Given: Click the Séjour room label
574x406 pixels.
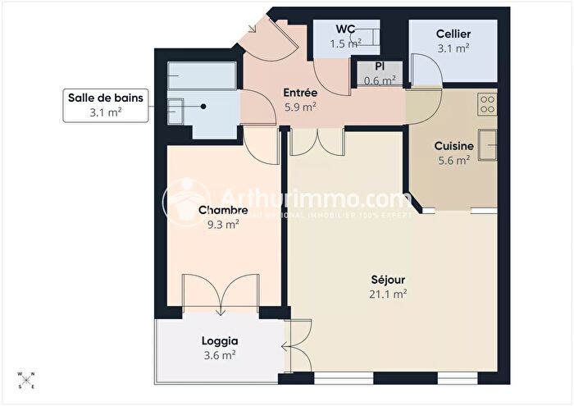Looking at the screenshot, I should click(389, 279).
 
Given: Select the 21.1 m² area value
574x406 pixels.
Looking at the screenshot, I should click(389, 294).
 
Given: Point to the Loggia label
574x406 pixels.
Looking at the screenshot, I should click(218, 341).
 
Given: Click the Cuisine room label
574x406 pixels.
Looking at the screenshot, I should click(453, 146).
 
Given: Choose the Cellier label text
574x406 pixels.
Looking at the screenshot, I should click(453, 34).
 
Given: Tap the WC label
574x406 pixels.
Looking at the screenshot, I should click(344, 30).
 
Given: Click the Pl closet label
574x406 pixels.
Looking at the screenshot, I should click(380, 66).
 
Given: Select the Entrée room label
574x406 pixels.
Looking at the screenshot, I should click(300, 93).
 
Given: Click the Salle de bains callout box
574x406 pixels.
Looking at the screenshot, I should click(105, 106).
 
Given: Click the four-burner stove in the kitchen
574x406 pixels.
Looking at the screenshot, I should click(487, 103).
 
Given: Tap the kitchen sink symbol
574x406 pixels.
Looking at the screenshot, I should click(488, 145).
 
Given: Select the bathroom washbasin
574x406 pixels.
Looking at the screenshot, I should click(176, 107).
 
